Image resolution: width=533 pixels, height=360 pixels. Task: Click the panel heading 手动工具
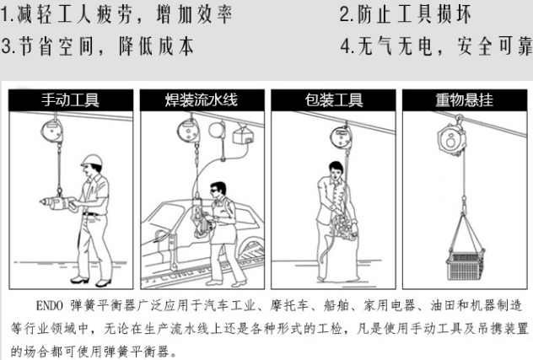click(70, 100)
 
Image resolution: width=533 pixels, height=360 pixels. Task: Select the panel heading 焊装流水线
click(202, 100)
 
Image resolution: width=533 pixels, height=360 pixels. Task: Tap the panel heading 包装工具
click(333, 100)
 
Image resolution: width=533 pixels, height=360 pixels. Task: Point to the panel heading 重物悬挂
click(465, 100)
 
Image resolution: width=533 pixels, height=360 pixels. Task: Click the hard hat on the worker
click(92, 160)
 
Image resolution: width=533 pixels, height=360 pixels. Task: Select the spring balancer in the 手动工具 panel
click(51, 132)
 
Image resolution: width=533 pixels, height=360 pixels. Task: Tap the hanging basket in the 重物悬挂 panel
click(465, 266)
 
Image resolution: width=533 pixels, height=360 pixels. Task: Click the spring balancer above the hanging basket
click(450, 137)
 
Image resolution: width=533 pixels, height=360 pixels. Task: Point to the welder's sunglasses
click(214, 191)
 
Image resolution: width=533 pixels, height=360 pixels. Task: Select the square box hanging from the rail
click(244, 136)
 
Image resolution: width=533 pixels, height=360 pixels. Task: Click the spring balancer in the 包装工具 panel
click(341, 137)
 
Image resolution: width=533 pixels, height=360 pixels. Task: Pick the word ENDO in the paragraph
click(50, 305)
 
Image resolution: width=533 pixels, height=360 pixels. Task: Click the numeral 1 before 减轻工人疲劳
click(4, 15)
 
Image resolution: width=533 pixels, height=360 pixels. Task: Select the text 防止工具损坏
click(414, 15)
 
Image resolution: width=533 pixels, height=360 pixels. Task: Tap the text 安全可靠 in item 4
click(494, 46)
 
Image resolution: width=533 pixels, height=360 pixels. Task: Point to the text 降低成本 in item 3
click(156, 46)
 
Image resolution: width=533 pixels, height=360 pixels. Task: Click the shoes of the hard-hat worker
click(90, 282)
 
